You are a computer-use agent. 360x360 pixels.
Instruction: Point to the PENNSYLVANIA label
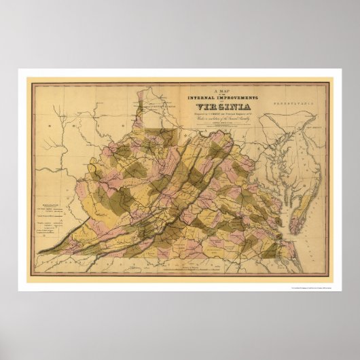click(x=285, y=99)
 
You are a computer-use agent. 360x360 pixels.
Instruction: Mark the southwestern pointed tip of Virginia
click(x=39, y=253)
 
